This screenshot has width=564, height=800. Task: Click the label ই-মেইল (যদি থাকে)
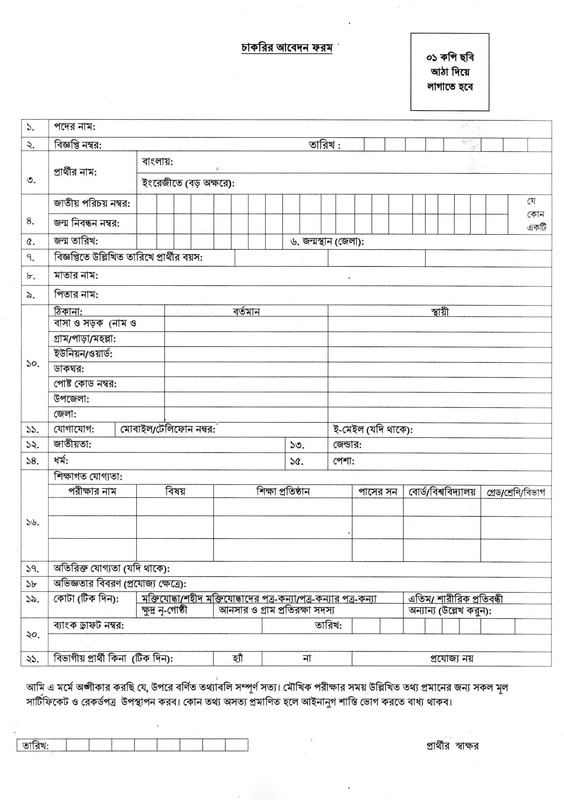click(x=370, y=428)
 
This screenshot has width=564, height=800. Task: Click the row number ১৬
click(x=30, y=521)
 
